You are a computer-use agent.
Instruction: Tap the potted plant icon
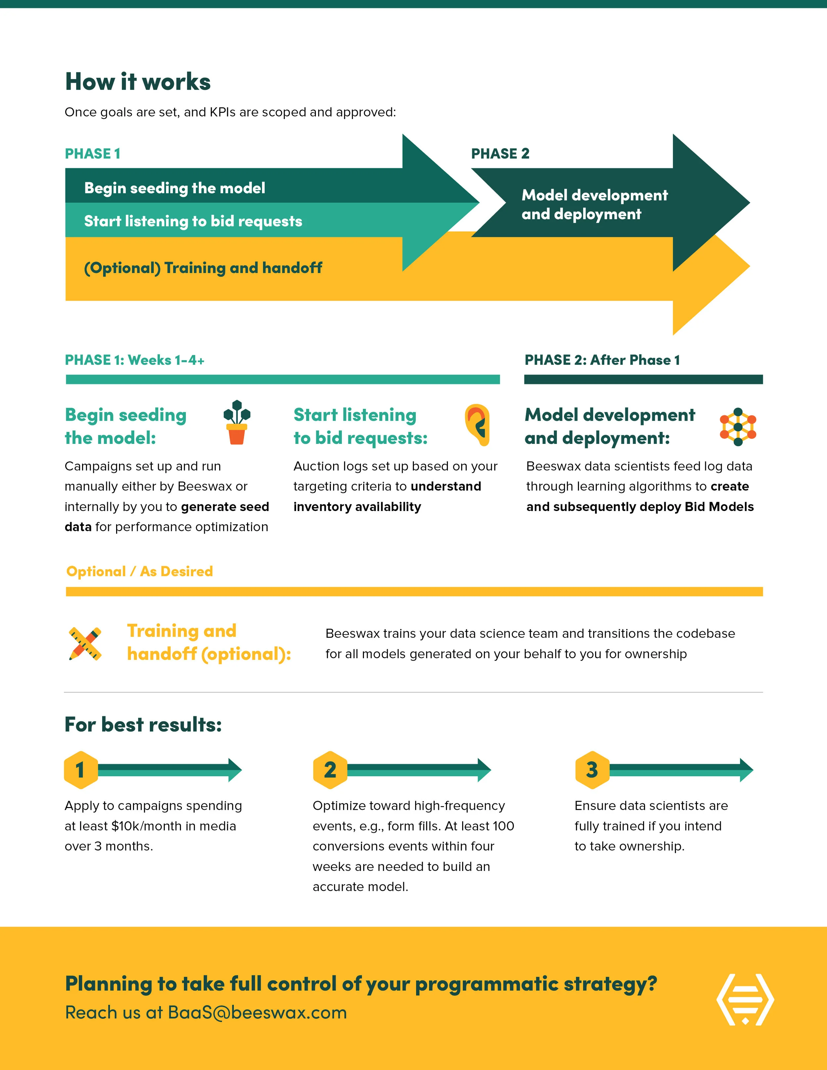[x=237, y=422]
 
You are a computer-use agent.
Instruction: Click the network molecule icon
[x=738, y=427]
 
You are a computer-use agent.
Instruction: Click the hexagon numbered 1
[x=81, y=770]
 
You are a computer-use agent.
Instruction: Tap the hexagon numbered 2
[x=330, y=770]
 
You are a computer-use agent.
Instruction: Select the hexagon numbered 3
[x=592, y=770]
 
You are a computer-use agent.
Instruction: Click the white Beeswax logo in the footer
[x=745, y=1000]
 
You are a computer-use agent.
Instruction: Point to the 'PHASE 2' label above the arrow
[x=500, y=154]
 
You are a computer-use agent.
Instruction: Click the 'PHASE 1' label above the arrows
[x=93, y=154]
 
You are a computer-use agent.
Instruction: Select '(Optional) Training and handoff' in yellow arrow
[x=203, y=268]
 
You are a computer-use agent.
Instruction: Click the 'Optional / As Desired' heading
[x=140, y=571]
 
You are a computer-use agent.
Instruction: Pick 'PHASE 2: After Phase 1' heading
[x=602, y=360]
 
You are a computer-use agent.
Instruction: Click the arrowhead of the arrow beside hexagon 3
[x=746, y=770]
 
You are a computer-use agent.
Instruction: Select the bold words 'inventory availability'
[x=357, y=507]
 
